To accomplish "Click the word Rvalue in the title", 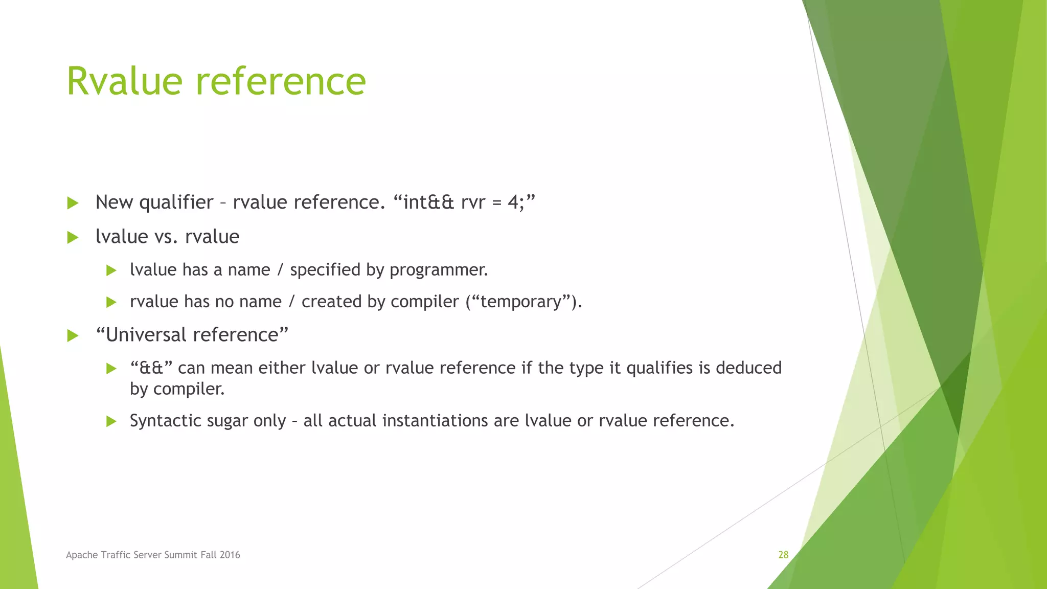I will tap(124, 81).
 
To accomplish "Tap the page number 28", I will tap(783, 555).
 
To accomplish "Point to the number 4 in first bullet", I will tap(513, 202).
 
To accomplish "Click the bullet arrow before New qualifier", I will tap(73, 203).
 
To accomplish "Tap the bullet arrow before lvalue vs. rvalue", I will tap(73, 237).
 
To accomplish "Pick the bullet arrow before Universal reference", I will tap(73, 336).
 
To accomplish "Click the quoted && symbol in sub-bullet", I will tap(151, 368).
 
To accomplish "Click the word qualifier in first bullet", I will tap(176, 202).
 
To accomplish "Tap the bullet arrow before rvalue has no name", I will tap(111, 302).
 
